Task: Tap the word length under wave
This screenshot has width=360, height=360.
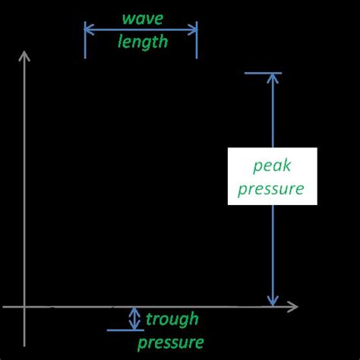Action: pos(142,41)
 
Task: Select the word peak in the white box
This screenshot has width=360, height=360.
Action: pos(272,166)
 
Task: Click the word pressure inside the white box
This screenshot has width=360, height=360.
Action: pos(271,188)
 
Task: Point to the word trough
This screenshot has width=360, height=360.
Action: pos(172,318)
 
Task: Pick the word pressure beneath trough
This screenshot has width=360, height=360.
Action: pos(175,342)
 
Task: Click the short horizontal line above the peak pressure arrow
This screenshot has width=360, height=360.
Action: pos(263,73)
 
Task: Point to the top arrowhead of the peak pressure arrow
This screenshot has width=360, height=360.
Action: pos(272,78)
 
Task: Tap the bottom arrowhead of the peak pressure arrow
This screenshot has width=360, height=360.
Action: pos(272,301)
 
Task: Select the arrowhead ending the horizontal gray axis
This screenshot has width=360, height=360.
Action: pos(293,307)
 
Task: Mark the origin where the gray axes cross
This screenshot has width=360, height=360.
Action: pos(25,307)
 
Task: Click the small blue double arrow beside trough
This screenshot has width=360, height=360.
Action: pos(134,318)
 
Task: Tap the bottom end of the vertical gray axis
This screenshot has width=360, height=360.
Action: pos(25,344)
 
